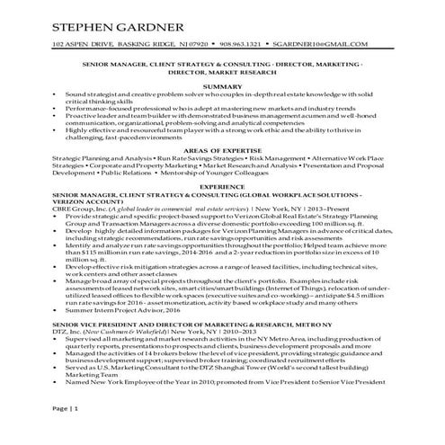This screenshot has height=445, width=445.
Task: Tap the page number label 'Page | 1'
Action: coord(66,411)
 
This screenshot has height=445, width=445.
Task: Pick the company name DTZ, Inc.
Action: coord(68,333)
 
